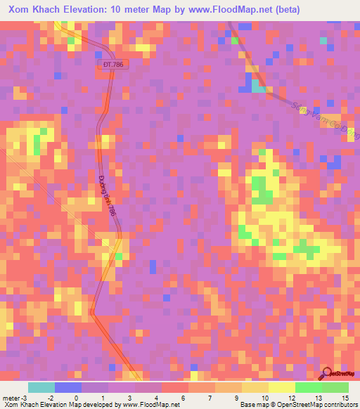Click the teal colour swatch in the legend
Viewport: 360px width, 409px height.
(41, 387)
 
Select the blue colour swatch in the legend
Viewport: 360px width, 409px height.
(68, 387)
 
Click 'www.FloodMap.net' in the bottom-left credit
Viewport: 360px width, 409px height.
(148, 405)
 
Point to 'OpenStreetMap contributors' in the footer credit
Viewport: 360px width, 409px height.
(317, 405)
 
